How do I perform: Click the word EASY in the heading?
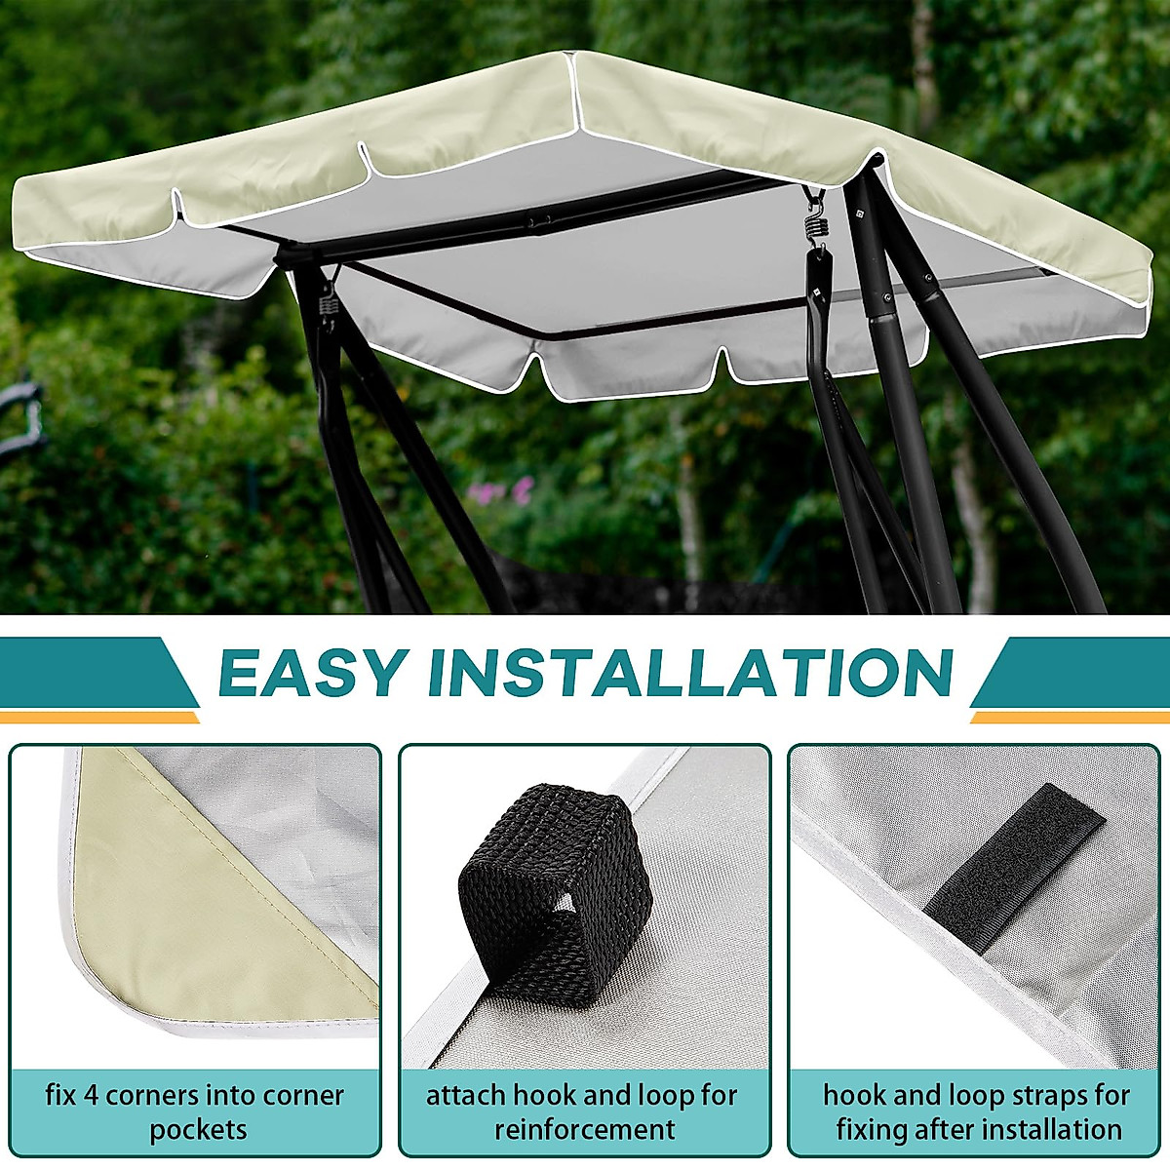pos(311,672)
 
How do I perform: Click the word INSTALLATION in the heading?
pos(689,672)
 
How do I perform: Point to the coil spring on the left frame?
pos(329,297)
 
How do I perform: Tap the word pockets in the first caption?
pos(198,1130)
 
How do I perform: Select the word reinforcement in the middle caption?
pos(584,1130)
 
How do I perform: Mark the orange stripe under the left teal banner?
pos(97,718)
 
